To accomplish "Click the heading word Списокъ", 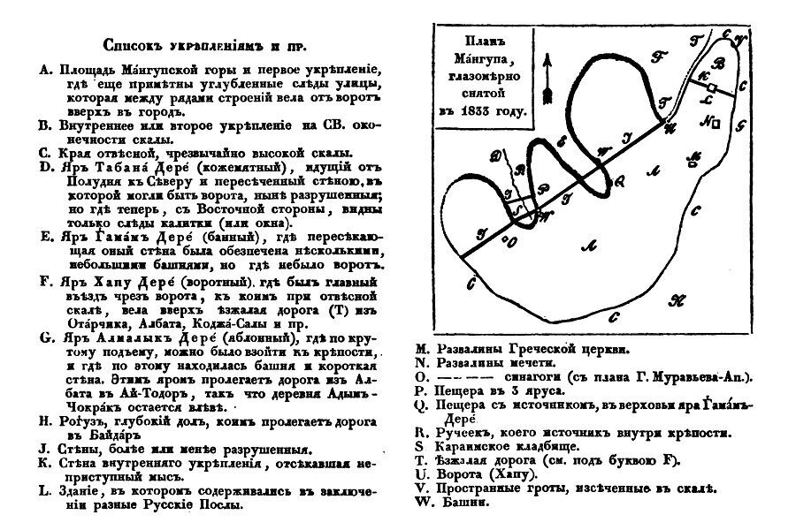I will point(134,44).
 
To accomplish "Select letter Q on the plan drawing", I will point(619,180).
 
